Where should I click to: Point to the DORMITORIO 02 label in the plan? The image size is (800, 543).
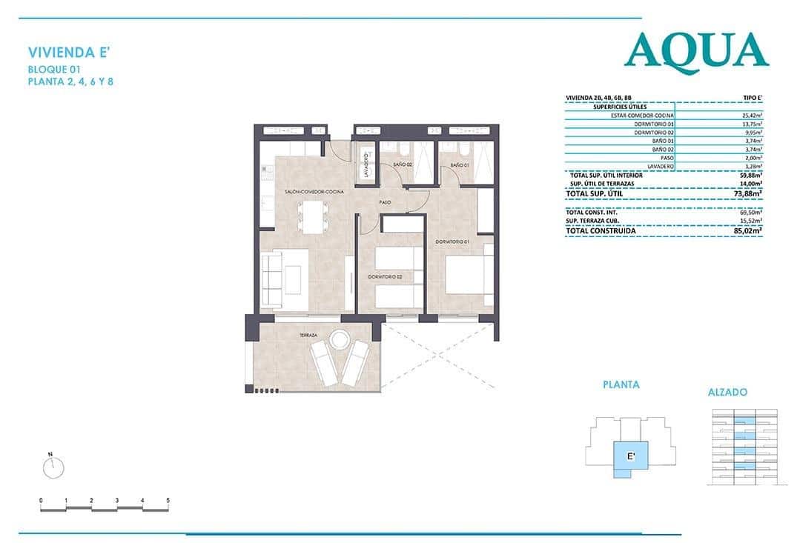pyautogui.click(x=385, y=276)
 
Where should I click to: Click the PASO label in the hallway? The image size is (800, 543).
pyautogui.click(x=385, y=201)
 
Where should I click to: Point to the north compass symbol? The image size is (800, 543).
pyautogui.click(x=53, y=466)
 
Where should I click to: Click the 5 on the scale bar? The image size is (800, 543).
pyautogui.click(x=168, y=501)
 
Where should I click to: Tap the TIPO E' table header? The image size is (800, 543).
pyautogui.click(x=753, y=98)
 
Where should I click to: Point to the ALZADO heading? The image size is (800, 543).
pyautogui.click(x=727, y=392)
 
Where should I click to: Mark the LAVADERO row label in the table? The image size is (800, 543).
pyautogui.click(x=659, y=167)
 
